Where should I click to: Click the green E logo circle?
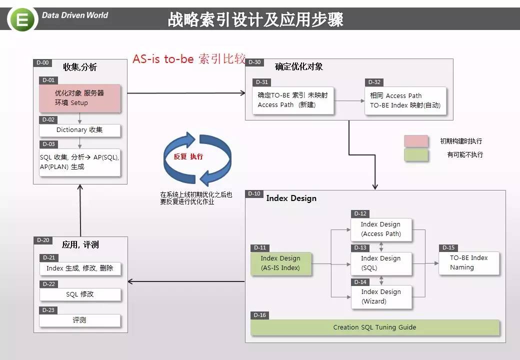[x=22, y=19]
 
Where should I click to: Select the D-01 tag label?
[x=48, y=80]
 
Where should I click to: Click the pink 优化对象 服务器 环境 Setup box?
[x=79, y=98]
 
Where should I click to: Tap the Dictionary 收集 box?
[x=79, y=130]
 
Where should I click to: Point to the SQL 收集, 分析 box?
[x=79, y=162]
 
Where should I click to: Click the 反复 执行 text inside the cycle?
[x=188, y=156]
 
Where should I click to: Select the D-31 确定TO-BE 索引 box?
[x=293, y=100]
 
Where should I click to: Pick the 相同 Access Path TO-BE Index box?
[x=405, y=101]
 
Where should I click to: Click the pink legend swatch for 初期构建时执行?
[x=416, y=141]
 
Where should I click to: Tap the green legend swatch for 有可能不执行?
[x=416, y=155]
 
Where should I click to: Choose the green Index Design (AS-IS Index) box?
[x=281, y=263]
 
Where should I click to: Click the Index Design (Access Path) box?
[x=381, y=229]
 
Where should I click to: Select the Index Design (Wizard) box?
[x=381, y=297]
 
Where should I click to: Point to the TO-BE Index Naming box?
[x=469, y=263]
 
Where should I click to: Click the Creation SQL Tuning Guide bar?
[x=374, y=327]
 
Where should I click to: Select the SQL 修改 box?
[x=80, y=294]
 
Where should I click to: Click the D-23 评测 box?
[x=80, y=320]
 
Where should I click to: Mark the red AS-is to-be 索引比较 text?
[x=189, y=58]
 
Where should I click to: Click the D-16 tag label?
[x=259, y=315]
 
